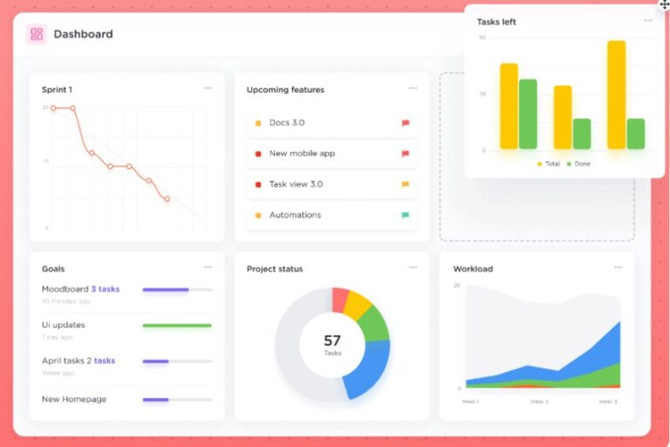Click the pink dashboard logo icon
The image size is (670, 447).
click(36, 35)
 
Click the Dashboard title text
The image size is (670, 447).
click(83, 35)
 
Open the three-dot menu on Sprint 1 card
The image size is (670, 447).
click(208, 88)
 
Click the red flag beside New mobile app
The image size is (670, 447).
click(405, 154)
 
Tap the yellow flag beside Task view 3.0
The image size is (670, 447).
click(405, 184)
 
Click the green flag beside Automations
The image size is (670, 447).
click(405, 215)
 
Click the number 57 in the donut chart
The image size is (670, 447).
click(332, 340)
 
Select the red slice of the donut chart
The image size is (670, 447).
click(340, 299)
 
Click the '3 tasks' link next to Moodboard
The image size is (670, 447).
click(105, 289)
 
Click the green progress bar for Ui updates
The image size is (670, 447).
click(177, 326)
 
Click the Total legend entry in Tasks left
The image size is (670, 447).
click(549, 164)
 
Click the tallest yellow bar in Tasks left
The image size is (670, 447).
click(616, 95)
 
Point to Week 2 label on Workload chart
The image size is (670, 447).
click(539, 402)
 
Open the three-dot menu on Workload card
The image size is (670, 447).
click(618, 267)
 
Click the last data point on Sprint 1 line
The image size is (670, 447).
click(167, 199)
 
